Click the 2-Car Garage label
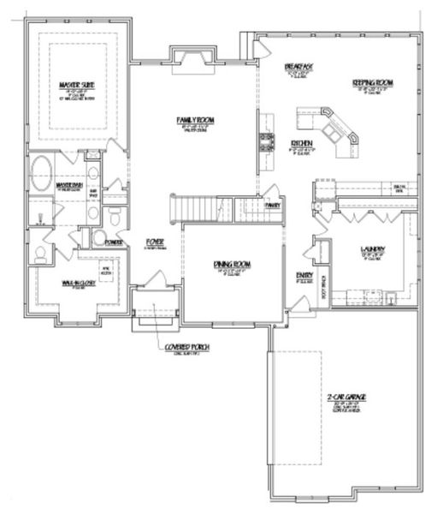coord(346,397)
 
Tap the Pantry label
coord(273,206)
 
